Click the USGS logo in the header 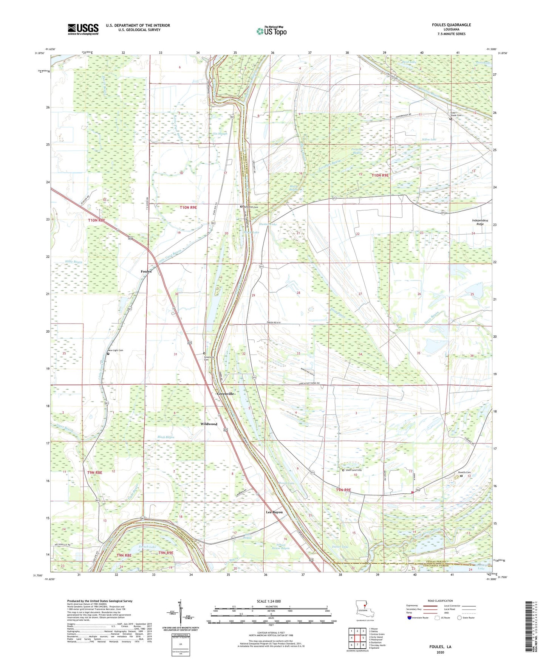click(x=83, y=29)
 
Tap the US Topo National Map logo click(x=271, y=31)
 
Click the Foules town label click(x=146, y=271)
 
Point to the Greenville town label click(x=226, y=394)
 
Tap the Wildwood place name click(x=209, y=424)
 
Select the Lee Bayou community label click(x=274, y=512)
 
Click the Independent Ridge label click(x=480, y=222)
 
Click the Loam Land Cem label click(x=353, y=470)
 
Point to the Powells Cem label click(x=464, y=473)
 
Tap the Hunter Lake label click(x=268, y=224)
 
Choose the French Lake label click(x=147, y=547)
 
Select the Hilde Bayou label click(x=73, y=262)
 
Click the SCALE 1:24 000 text click(x=268, y=601)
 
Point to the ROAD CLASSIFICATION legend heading click(x=440, y=601)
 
